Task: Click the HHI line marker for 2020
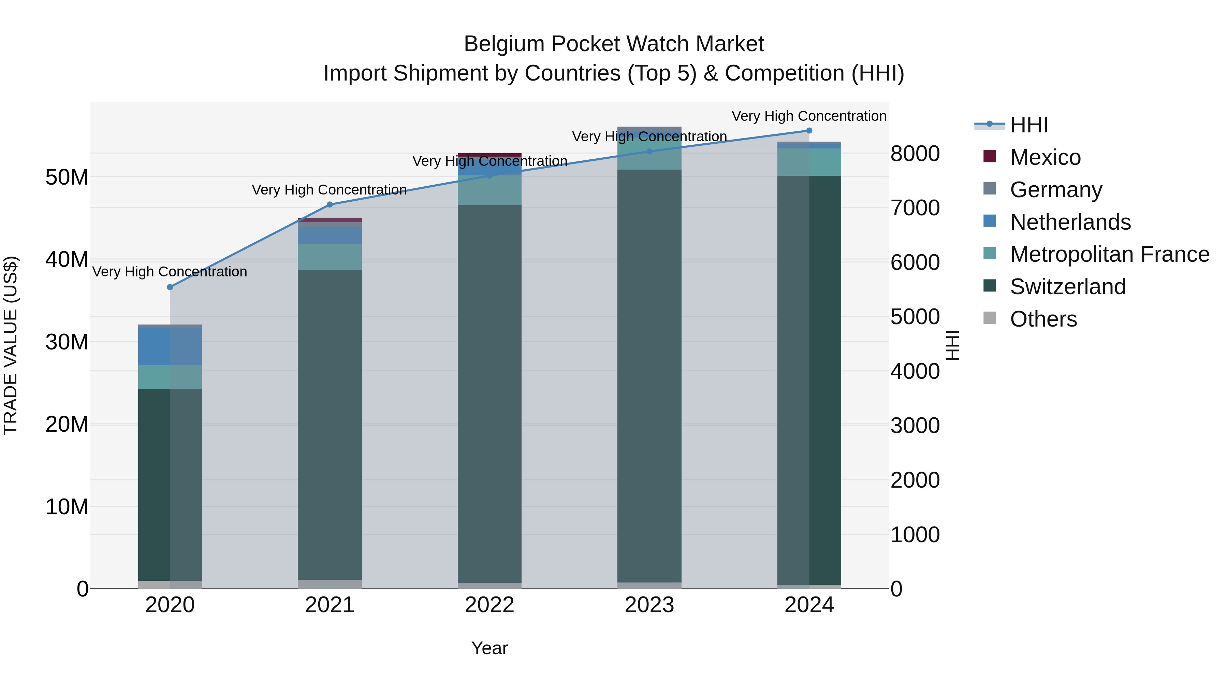[x=170, y=287]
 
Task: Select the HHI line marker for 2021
[x=330, y=205]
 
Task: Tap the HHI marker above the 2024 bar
[x=809, y=131]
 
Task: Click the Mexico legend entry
[x=1045, y=157]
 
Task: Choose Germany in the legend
[x=1055, y=190]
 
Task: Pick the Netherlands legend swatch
[x=990, y=221]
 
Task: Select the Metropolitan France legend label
[x=1109, y=254]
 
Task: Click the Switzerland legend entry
[x=1067, y=287]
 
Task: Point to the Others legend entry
[x=1043, y=319]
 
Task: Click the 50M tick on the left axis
[x=67, y=177]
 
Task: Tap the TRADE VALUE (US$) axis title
[x=11, y=345]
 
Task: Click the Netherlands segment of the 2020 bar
[x=170, y=346]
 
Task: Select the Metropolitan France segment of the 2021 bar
[x=330, y=257]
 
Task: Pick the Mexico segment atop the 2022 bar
[x=489, y=155]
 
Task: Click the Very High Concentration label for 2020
[x=170, y=272]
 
